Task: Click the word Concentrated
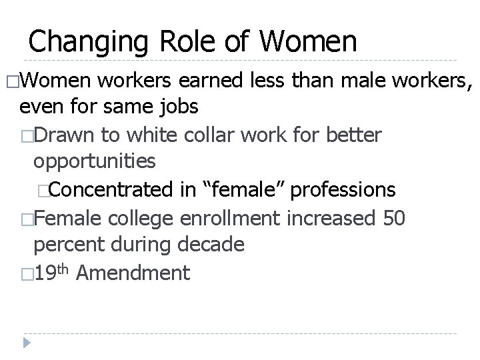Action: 114,190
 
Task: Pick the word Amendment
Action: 133,272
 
